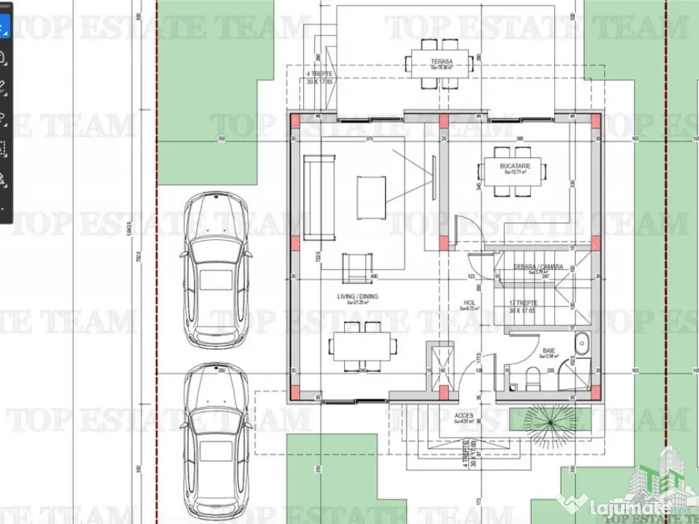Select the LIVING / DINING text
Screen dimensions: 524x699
coord(358,297)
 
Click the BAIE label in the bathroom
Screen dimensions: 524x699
coord(548,350)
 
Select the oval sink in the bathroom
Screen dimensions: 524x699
coord(582,344)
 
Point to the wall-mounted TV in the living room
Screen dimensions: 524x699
coord(433,177)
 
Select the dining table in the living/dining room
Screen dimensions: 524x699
coord(362,347)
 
